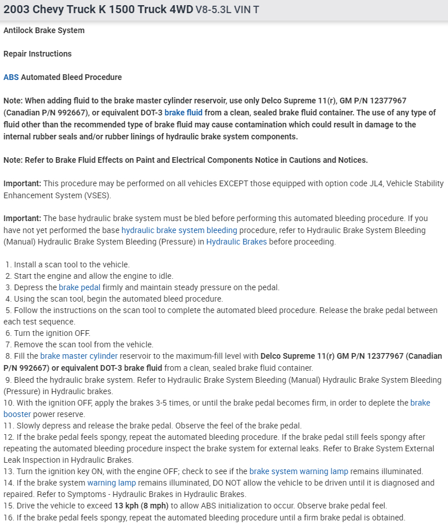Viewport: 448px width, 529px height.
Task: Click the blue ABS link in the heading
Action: coord(11,77)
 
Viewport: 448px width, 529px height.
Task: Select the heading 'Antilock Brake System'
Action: coord(44,30)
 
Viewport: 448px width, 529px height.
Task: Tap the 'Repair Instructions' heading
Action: coord(38,54)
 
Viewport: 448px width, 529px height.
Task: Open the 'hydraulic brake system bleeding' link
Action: coord(179,230)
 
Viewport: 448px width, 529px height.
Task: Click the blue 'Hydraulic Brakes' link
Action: coord(236,242)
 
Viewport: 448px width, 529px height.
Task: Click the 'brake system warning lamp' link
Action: coord(298,471)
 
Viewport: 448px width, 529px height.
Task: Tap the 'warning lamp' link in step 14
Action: coord(111,483)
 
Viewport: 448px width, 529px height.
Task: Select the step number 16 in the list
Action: coord(8,518)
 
